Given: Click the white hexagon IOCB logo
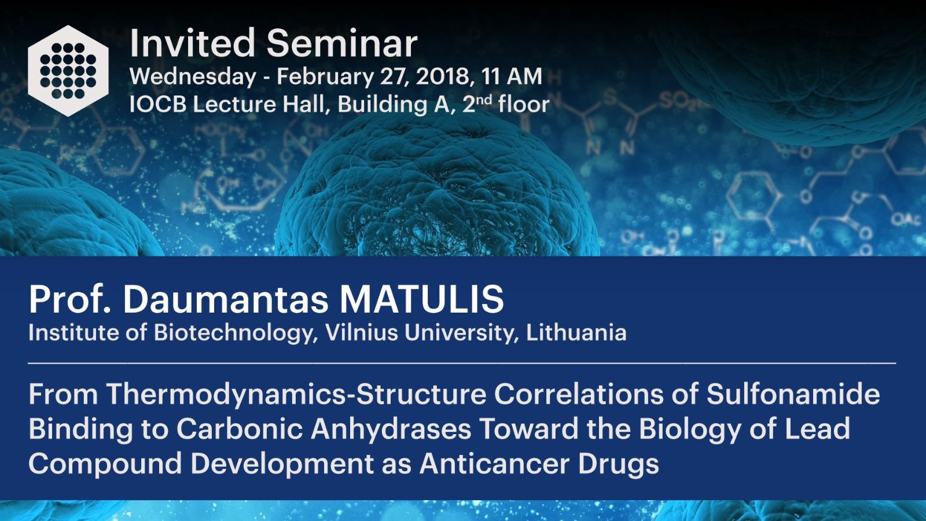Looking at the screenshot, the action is point(68,71).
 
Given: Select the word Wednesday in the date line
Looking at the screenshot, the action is point(193,78).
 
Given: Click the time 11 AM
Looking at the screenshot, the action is point(512,76).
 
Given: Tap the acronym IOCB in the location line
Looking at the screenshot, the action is point(158,104).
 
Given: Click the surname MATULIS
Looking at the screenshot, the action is point(422,299).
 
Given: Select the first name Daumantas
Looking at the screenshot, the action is point(226,299).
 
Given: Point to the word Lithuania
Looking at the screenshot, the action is point(576,332).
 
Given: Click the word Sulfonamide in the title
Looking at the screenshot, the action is point(793,394).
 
